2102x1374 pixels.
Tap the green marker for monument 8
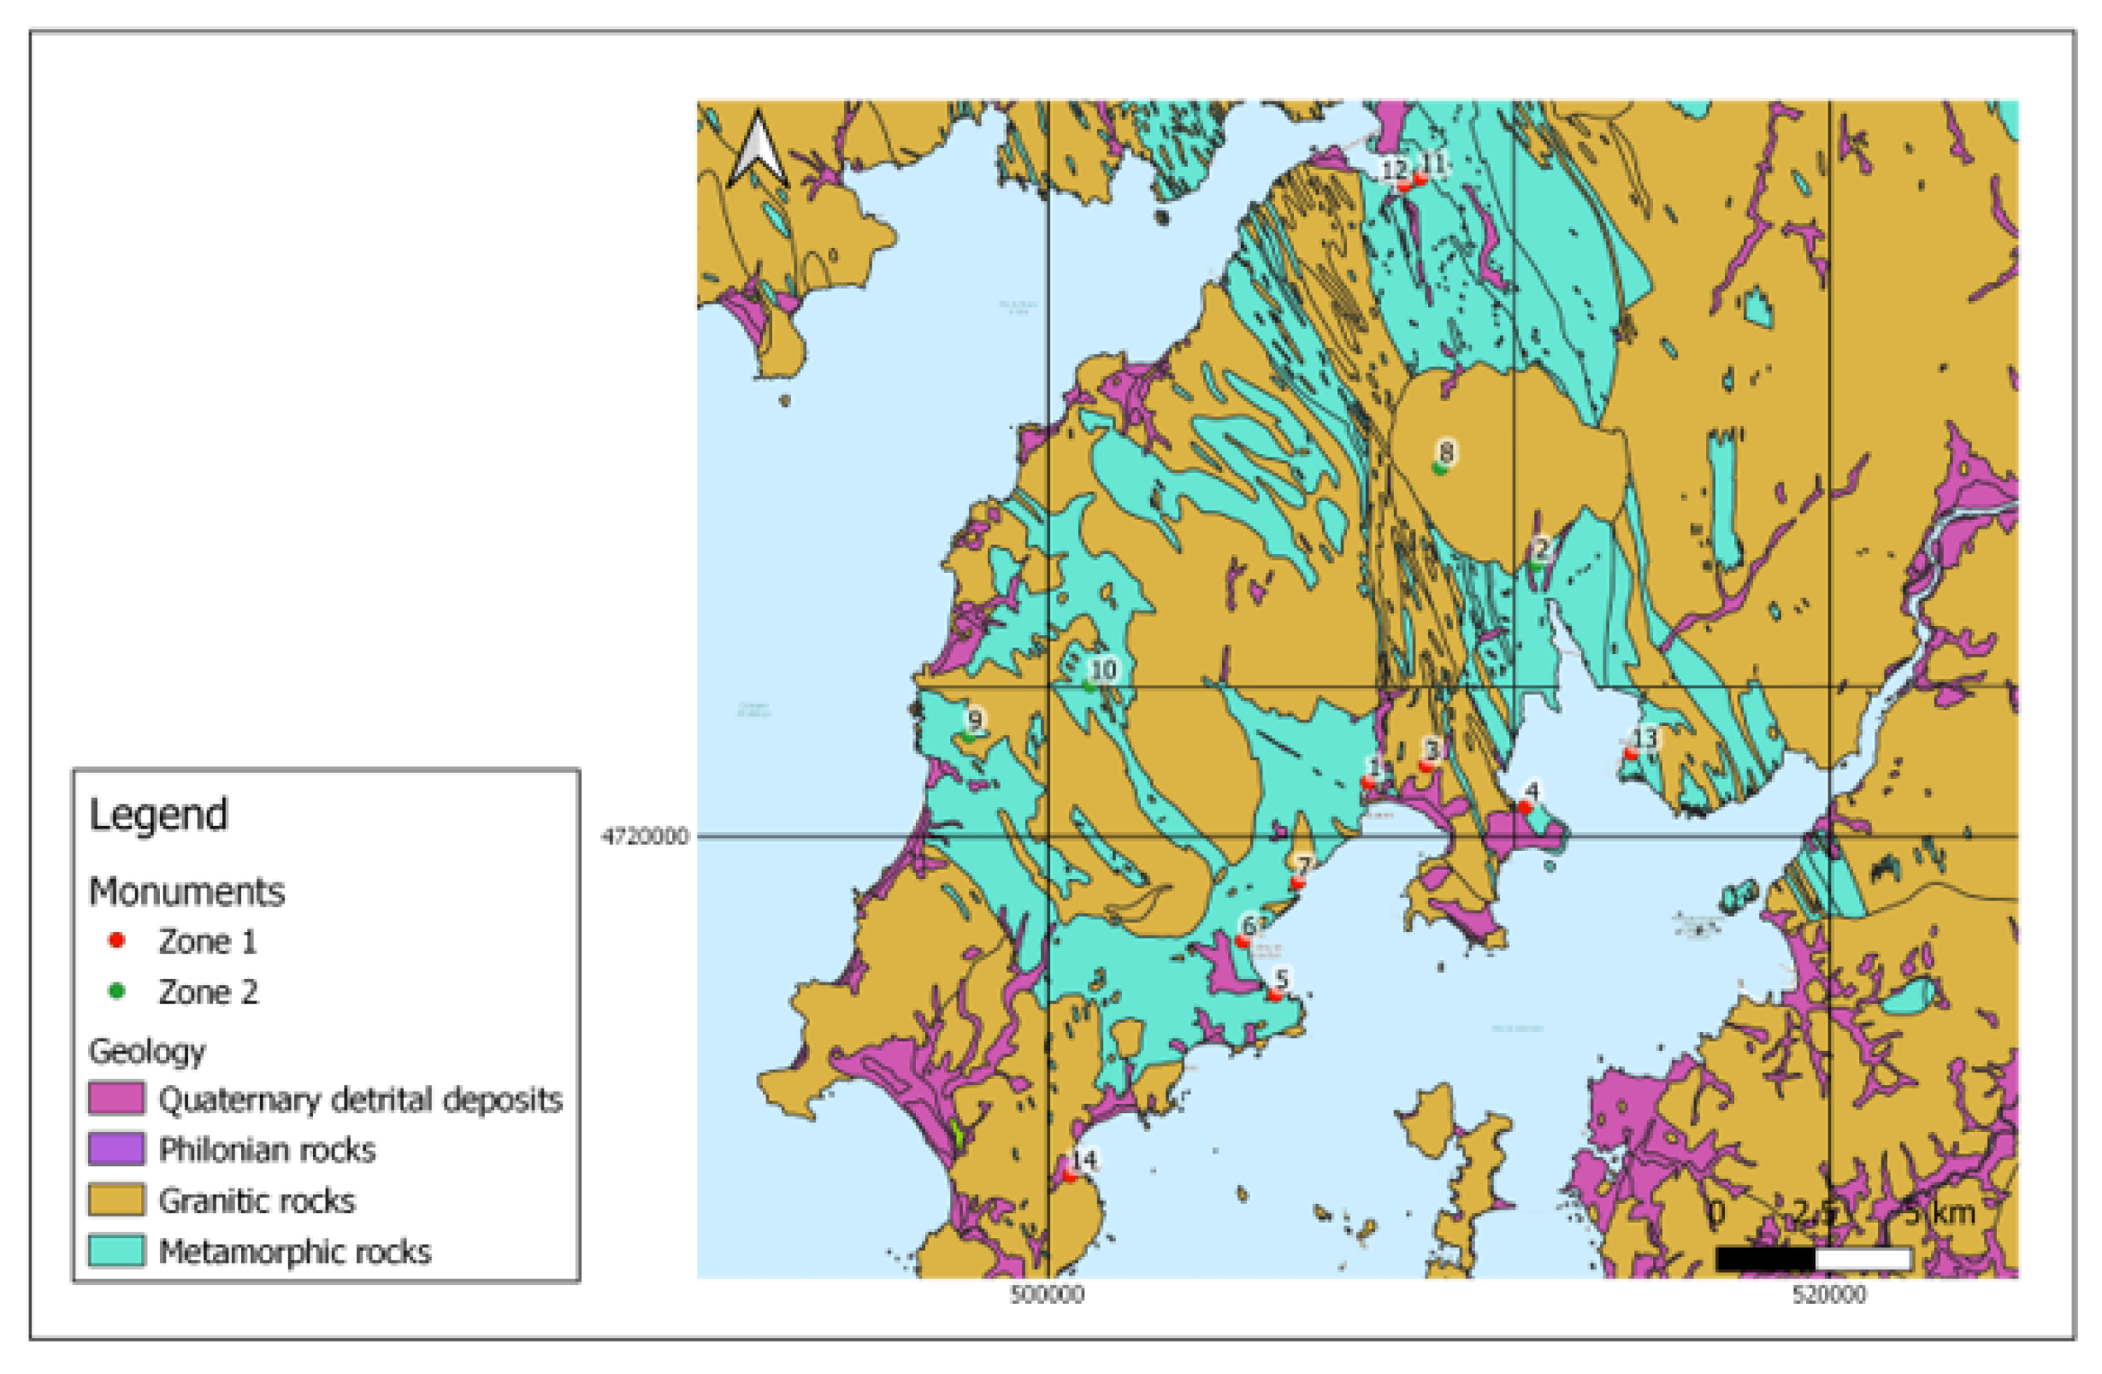coord(1439,468)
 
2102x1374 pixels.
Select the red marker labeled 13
coord(1630,753)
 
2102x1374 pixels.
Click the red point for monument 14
coord(1070,1176)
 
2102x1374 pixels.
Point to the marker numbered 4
coord(1525,807)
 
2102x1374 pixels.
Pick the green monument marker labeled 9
coord(969,735)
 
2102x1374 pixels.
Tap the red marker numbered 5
coord(1274,994)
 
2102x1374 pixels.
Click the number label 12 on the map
coord(1394,168)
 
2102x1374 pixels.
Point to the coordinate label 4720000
coord(644,836)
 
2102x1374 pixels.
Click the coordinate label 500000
coord(1047,1295)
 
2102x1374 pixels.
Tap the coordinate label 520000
coord(1828,1295)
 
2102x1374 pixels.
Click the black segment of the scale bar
coord(1764,1259)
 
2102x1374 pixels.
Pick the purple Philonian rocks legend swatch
coord(115,1149)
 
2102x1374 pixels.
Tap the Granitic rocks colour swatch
coord(115,1200)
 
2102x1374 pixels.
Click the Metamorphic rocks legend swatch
coord(115,1251)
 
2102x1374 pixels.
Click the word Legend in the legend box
coord(159,814)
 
